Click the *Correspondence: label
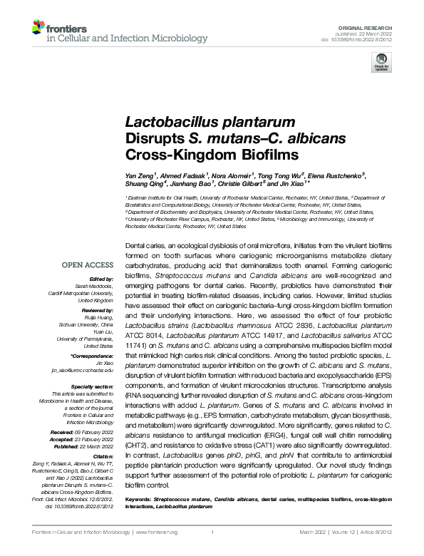click(92, 354)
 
